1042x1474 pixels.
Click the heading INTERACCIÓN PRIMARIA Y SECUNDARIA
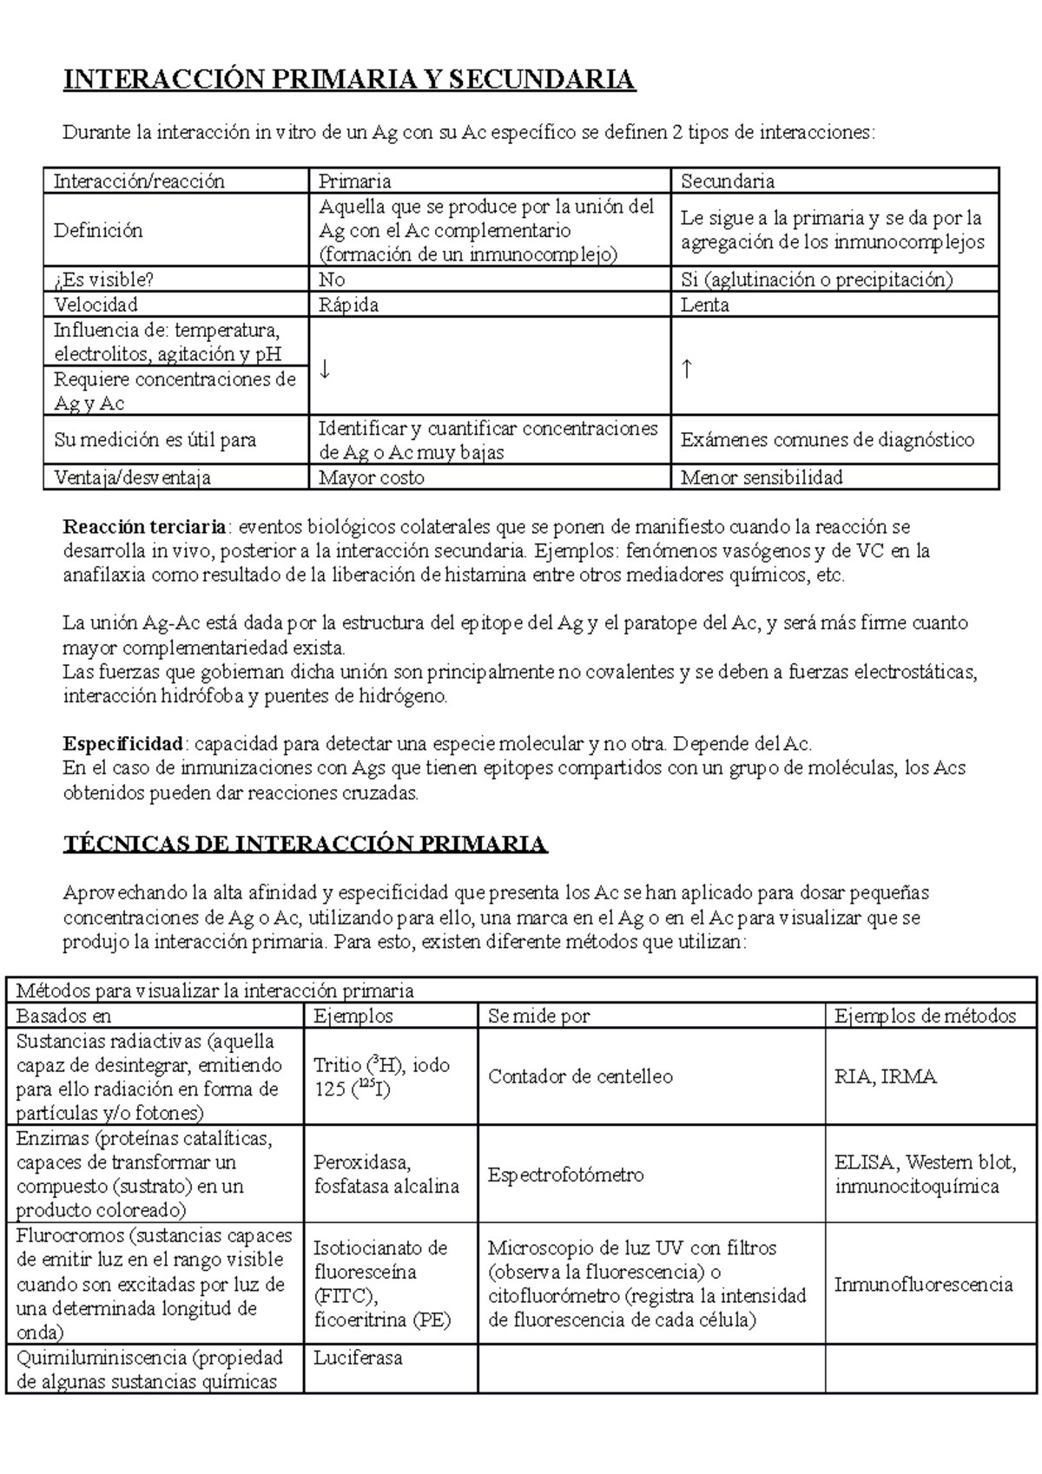click(x=349, y=80)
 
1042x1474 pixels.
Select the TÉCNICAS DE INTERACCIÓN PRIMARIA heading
click(x=305, y=844)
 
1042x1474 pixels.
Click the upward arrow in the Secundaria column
click(x=686, y=369)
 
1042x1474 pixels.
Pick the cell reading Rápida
click(x=348, y=305)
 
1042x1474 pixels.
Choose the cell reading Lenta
click(x=704, y=305)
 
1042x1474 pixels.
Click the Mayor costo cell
click(x=372, y=477)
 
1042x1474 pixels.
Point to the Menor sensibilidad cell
click(x=761, y=477)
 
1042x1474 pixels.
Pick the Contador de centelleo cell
click(x=580, y=1076)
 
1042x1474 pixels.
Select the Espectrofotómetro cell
click(x=565, y=1175)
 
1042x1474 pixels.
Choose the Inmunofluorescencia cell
click(x=923, y=1284)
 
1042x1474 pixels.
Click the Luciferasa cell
click(x=358, y=1358)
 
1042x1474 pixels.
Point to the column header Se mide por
click(x=538, y=1016)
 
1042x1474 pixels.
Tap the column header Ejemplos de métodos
click(x=925, y=1016)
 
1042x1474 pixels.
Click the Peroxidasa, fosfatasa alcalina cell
click(x=386, y=1175)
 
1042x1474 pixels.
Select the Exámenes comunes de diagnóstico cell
click(x=827, y=440)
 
